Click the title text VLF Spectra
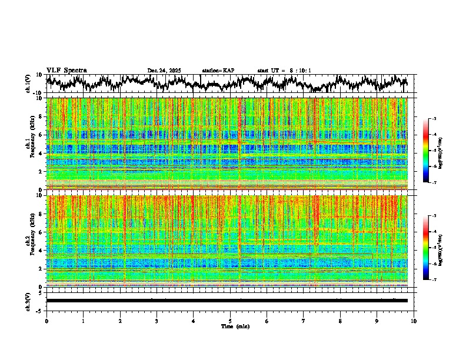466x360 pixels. coord(66,71)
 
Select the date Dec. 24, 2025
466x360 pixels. coord(164,71)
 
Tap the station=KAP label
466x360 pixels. coord(218,71)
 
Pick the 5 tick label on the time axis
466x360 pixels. coord(230,321)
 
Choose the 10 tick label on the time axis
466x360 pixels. coord(414,321)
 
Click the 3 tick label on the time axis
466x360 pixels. coord(157,321)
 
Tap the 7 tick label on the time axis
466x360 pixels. coord(304,321)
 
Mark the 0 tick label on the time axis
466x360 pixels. coord(46,321)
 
